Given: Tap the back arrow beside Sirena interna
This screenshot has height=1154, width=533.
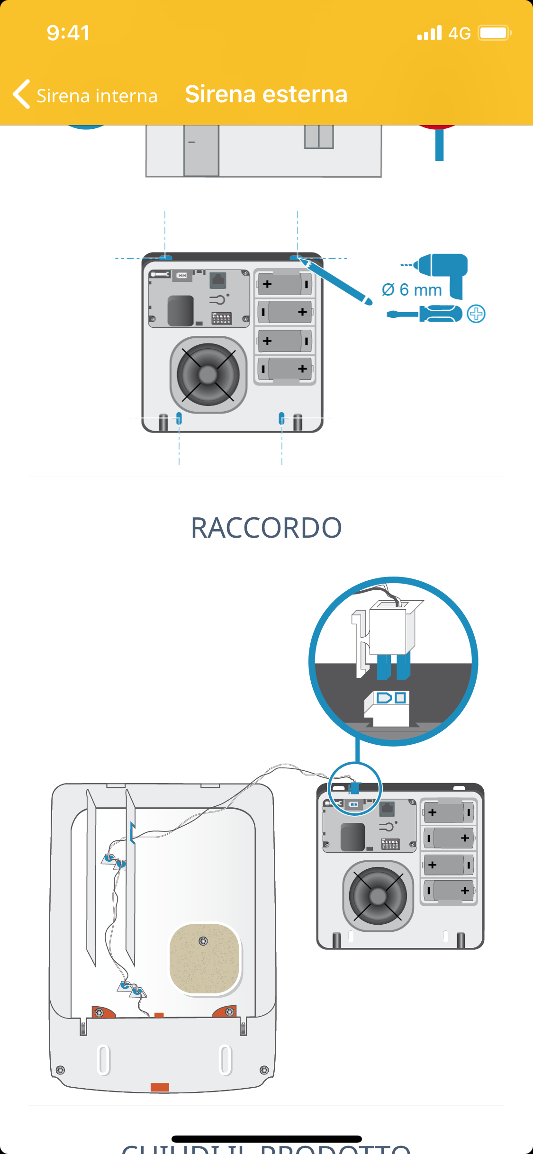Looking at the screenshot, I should (x=21, y=94).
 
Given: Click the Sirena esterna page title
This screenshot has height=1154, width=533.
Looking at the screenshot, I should (x=266, y=94).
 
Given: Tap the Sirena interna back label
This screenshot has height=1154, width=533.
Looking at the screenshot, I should (x=97, y=96).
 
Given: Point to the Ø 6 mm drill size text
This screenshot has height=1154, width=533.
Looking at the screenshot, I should (x=412, y=289).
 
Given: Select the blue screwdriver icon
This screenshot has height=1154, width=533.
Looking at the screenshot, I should (x=425, y=314).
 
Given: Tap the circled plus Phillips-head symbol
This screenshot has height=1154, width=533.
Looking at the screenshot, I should (x=476, y=314).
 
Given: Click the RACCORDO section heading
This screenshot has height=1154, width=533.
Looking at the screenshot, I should (x=266, y=528).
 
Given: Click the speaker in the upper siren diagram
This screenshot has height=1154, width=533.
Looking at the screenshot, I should (x=208, y=375).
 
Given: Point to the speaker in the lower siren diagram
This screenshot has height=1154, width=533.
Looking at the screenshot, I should (x=378, y=896).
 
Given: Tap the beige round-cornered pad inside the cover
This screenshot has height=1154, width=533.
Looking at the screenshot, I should (x=205, y=958).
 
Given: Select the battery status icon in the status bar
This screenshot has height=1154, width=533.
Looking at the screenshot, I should (x=494, y=33).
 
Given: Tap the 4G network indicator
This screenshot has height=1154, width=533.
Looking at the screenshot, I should (x=459, y=34).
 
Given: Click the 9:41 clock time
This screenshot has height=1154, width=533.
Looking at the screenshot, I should (x=68, y=33).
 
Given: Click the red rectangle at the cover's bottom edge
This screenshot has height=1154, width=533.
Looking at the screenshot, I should (x=160, y=1087).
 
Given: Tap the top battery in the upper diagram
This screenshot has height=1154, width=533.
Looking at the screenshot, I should (x=285, y=284).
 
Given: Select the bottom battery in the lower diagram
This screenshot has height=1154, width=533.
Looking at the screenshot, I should (x=448, y=891).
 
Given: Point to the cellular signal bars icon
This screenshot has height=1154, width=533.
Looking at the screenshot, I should (x=429, y=33).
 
